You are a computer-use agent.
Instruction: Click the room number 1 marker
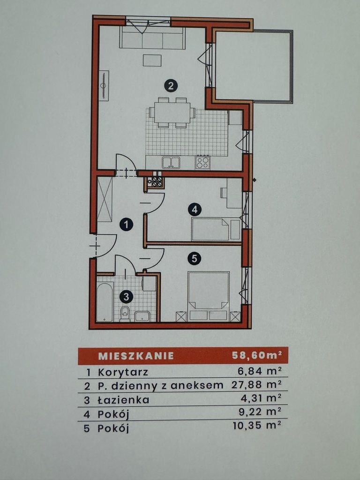pyautogui.click(x=126, y=225)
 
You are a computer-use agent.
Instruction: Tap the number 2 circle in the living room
pyautogui.click(x=171, y=85)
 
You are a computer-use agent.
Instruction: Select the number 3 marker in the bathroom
pyautogui.click(x=126, y=296)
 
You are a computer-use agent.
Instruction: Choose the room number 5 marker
pyautogui.click(x=194, y=259)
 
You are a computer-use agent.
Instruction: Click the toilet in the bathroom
pyautogui.click(x=125, y=314)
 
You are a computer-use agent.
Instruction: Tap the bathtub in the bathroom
pyautogui.click(x=105, y=301)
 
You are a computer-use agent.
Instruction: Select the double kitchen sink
pyautogui.click(x=171, y=162)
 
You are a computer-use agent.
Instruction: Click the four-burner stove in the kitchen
pyautogui.click(x=203, y=162)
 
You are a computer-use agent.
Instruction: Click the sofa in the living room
pyautogui.click(x=152, y=37)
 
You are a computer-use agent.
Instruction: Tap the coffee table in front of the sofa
pyautogui.click(x=152, y=60)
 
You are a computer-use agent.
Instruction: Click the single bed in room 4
pyautogui.click(x=216, y=229)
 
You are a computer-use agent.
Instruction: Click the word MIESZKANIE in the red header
pyautogui.click(x=136, y=356)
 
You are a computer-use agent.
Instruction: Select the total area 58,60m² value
pyautogui.click(x=256, y=355)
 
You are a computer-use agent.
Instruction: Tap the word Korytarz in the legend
pyautogui.click(x=123, y=373)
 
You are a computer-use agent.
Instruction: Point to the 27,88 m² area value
pyautogui.click(x=256, y=384)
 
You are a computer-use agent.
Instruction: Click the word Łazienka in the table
pyautogui.click(x=123, y=399)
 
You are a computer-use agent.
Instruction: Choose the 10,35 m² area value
pyautogui.click(x=257, y=426)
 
